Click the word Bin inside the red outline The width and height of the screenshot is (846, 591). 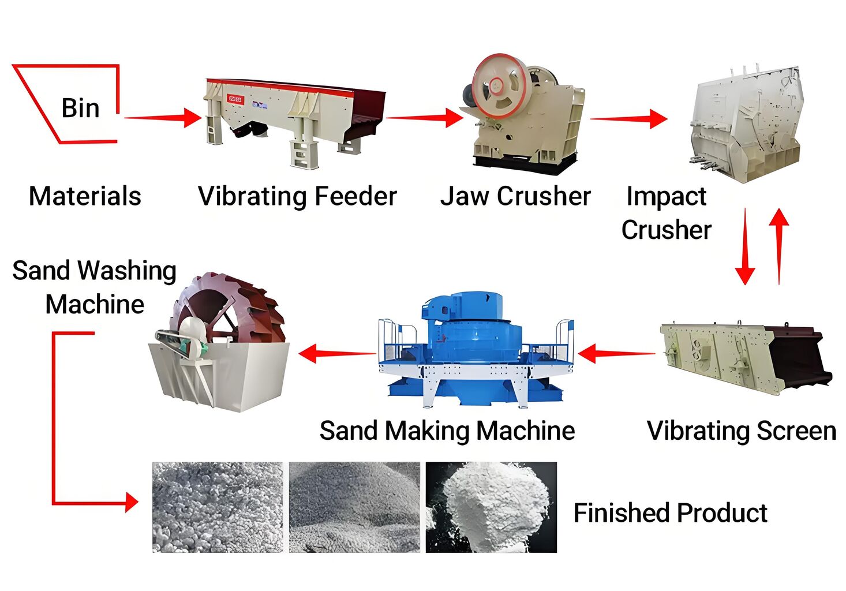click(80, 109)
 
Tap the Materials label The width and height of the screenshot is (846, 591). click(85, 196)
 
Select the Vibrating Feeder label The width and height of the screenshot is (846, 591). click(298, 196)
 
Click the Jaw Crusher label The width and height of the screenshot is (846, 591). click(515, 196)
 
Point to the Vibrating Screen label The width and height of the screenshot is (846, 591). click(742, 431)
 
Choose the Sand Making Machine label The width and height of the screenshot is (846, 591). click(447, 431)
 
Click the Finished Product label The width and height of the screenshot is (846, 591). click(671, 513)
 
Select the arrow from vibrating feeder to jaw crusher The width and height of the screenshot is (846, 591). click(425, 118)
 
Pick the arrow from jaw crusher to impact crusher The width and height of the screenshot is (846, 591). click(629, 118)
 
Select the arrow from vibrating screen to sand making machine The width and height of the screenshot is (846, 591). click(616, 354)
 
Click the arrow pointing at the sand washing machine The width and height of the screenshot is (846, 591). click(337, 354)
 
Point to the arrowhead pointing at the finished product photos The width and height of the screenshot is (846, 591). click(132, 503)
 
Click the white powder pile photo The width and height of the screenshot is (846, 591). click(491, 507)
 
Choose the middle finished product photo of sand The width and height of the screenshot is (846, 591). click(354, 507)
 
